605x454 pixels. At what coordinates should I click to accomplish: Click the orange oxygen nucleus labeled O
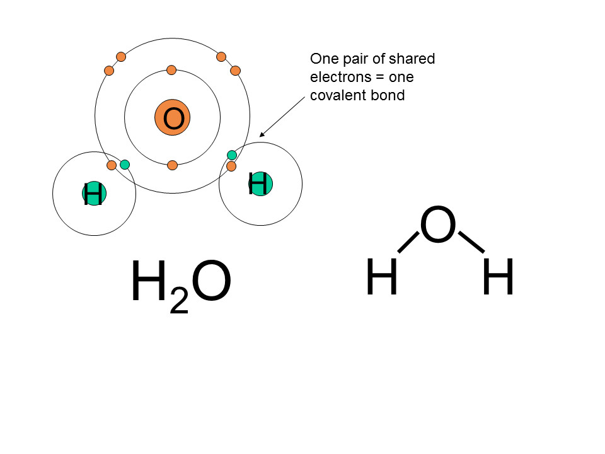173,117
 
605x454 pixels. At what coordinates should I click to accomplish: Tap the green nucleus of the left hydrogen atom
94,194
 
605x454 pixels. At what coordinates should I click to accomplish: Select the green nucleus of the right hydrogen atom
260,183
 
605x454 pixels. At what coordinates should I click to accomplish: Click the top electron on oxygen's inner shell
171,69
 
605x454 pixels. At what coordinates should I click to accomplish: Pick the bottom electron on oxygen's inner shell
172,165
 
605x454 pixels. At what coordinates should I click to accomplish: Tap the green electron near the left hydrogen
125,165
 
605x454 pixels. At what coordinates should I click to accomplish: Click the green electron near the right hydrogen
232,155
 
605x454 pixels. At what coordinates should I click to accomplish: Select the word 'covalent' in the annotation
338,96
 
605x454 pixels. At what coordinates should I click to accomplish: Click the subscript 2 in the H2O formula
179,302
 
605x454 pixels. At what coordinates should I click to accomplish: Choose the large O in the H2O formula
210,282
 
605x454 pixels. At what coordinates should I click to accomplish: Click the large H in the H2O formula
149,282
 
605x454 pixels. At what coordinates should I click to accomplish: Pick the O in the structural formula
437,226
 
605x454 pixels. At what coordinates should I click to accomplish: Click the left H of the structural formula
382,278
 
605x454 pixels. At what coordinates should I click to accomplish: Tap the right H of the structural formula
498,278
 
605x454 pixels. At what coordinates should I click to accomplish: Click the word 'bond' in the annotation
388,96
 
